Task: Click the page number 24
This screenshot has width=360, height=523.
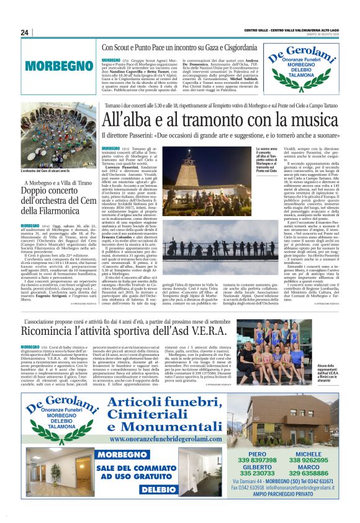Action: [25, 32]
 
